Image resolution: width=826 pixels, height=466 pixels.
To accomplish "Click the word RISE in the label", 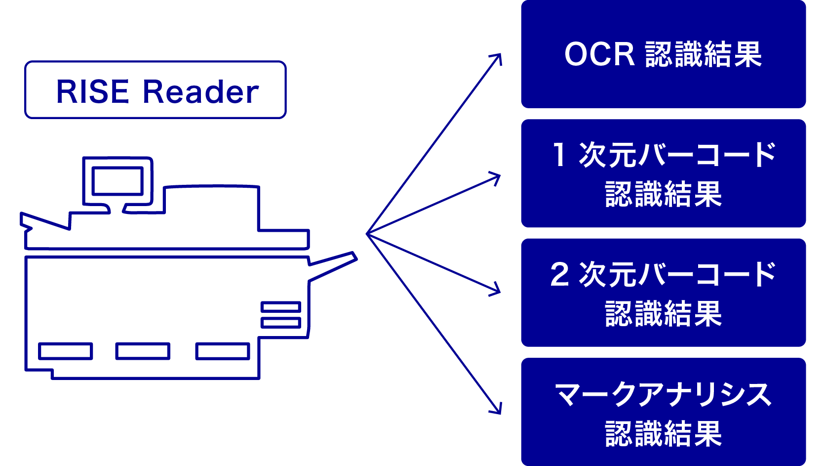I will click(92, 92).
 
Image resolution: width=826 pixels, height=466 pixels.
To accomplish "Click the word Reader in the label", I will click(200, 92).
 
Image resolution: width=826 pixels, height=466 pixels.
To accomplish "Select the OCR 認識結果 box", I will click(663, 54).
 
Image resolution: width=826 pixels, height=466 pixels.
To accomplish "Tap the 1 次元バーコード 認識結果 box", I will click(663, 173).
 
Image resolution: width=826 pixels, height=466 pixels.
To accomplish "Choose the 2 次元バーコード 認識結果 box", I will click(663, 293).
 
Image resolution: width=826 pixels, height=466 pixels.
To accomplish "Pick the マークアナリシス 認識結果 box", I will click(663, 412).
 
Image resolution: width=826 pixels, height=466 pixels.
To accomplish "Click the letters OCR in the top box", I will click(599, 54).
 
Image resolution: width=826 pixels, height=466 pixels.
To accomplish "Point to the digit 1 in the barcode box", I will click(559, 155).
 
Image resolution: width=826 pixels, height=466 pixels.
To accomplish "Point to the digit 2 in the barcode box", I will click(559, 275).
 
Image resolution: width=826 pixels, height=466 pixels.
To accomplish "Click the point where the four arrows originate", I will click(367, 234).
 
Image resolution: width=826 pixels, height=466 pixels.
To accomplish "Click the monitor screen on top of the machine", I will click(118, 181).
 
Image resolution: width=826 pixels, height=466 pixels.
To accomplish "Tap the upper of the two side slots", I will click(280, 307).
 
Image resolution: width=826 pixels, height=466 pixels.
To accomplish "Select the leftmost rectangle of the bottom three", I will click(66, 351).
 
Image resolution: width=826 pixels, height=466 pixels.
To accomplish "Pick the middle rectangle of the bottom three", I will click(143, 351).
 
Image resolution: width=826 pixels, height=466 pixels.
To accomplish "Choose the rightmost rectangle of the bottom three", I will click(223, 351).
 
